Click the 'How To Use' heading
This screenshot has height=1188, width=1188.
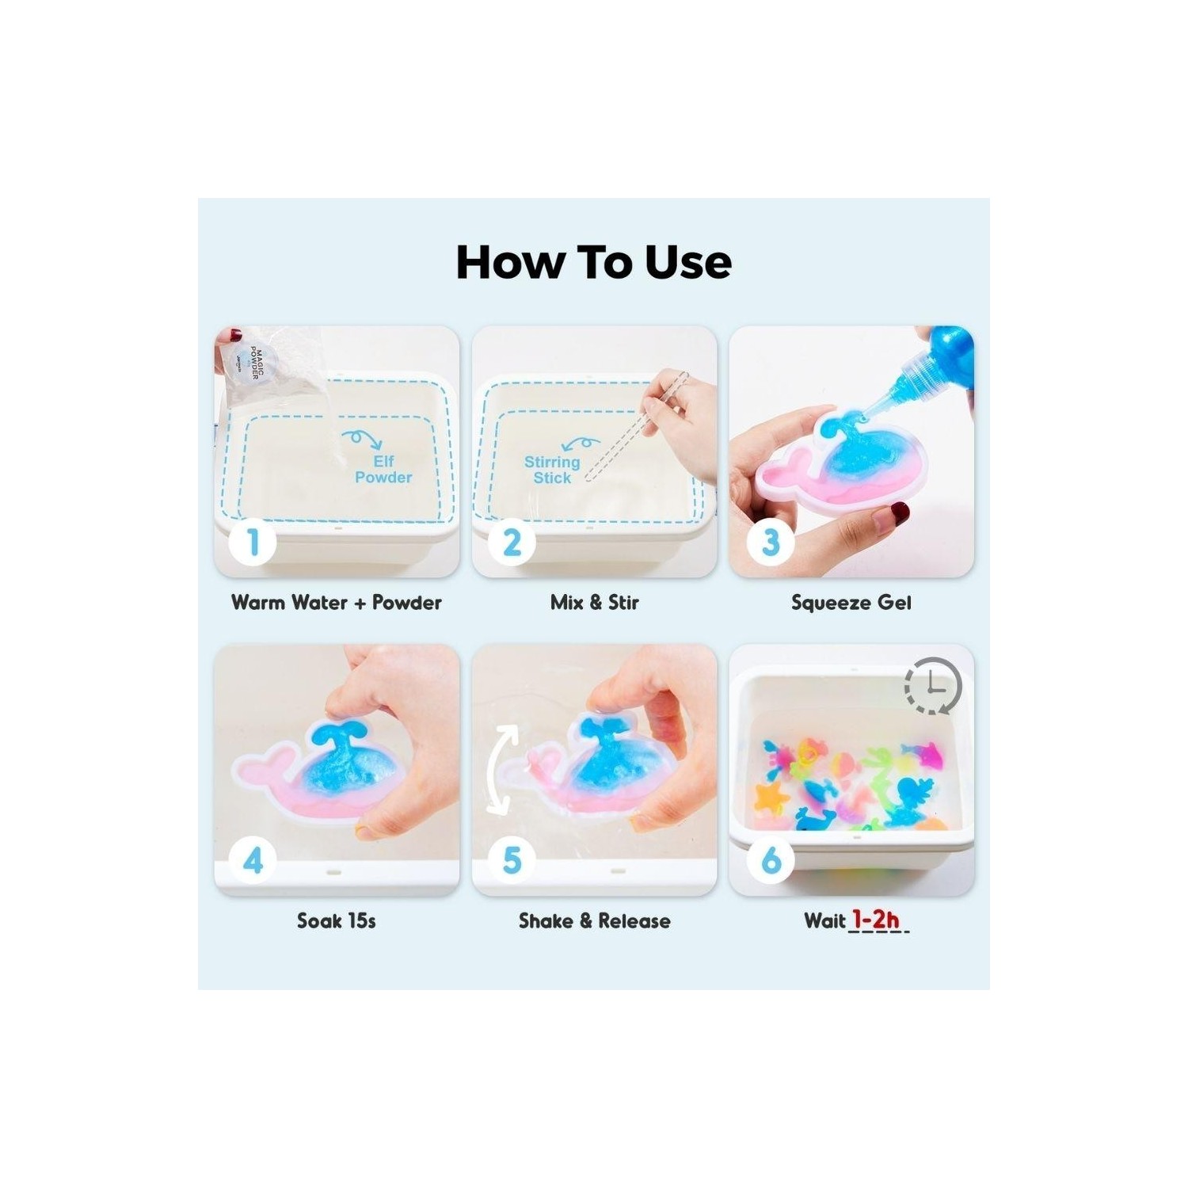click(x=594, y=262)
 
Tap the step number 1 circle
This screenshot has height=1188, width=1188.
click(x=253, y=543)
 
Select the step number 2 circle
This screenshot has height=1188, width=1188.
click(x=512, y=543)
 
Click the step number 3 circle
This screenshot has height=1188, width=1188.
click(x=770, y=543)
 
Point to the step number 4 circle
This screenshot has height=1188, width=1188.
click(x=253, y=861)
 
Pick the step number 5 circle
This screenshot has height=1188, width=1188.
click(x=512, y=861)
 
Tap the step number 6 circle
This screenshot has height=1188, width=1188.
click(x=770, y=861)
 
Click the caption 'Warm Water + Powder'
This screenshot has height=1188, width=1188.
click(x=337, y=603)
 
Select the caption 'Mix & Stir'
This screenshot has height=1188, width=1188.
click(x=594, y=603)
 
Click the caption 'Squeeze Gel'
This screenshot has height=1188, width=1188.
click(x=851, y=604)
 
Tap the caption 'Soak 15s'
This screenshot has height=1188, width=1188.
click(x=337, y=921)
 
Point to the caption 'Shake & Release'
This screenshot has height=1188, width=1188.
click(x=594, y=921)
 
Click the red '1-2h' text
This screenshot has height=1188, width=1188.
click(x=876, y=920)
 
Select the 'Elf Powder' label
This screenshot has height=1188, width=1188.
click(x=383, y=469)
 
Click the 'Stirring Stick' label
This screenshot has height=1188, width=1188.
click(x=552, y=470)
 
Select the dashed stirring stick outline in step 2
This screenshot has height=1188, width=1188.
click(x=638, y=428)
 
